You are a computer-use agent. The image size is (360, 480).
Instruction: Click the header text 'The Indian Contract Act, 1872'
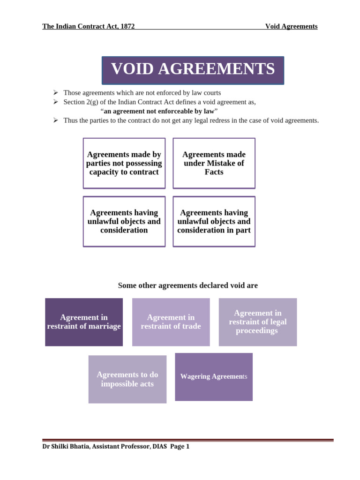[89, 26]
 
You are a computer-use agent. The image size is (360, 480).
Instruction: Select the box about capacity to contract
[124, 163]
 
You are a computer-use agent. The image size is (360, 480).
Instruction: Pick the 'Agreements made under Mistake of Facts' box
[214, 163]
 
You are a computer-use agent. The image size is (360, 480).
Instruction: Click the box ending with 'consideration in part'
[214, 221]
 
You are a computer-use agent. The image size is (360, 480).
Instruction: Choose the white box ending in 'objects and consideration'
[124, 221]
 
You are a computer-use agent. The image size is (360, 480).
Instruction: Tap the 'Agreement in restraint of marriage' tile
[84, 322]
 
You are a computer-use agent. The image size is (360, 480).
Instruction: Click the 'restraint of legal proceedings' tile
[258, 322]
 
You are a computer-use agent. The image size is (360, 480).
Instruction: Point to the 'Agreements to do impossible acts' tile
[127, 379]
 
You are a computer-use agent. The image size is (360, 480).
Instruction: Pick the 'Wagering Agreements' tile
[214, 377]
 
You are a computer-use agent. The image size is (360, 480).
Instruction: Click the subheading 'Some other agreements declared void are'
[187, 285]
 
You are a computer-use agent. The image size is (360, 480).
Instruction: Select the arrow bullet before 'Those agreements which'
[55, 93]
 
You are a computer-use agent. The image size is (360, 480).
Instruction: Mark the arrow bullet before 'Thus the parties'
[55, 120]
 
